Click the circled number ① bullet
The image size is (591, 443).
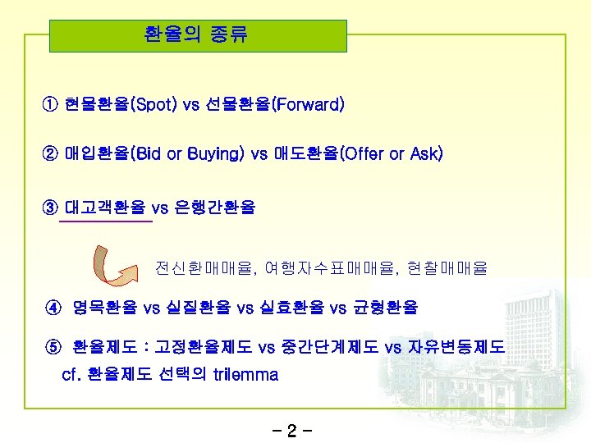(51, 105)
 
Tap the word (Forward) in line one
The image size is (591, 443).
(308, 105)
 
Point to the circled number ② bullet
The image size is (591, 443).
(51, 153)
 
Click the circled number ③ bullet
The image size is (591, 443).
(51, 208)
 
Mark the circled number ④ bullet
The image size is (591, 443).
(53, 308)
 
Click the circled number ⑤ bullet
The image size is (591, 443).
(53, 347)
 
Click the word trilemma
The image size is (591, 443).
(245, 375)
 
